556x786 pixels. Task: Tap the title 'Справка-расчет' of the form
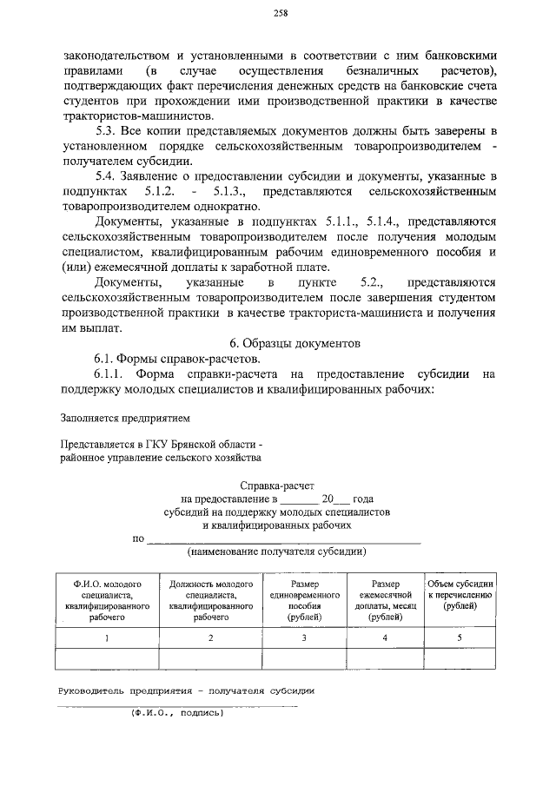[x=278, y=485]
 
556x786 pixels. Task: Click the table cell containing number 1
[x=108, y=638]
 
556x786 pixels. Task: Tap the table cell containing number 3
[x=304, y=638]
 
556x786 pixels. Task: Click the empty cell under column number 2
[x=211, y=659]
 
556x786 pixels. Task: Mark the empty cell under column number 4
[x=385, y=659]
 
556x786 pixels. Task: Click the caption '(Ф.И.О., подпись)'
[x=177, y=714]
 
